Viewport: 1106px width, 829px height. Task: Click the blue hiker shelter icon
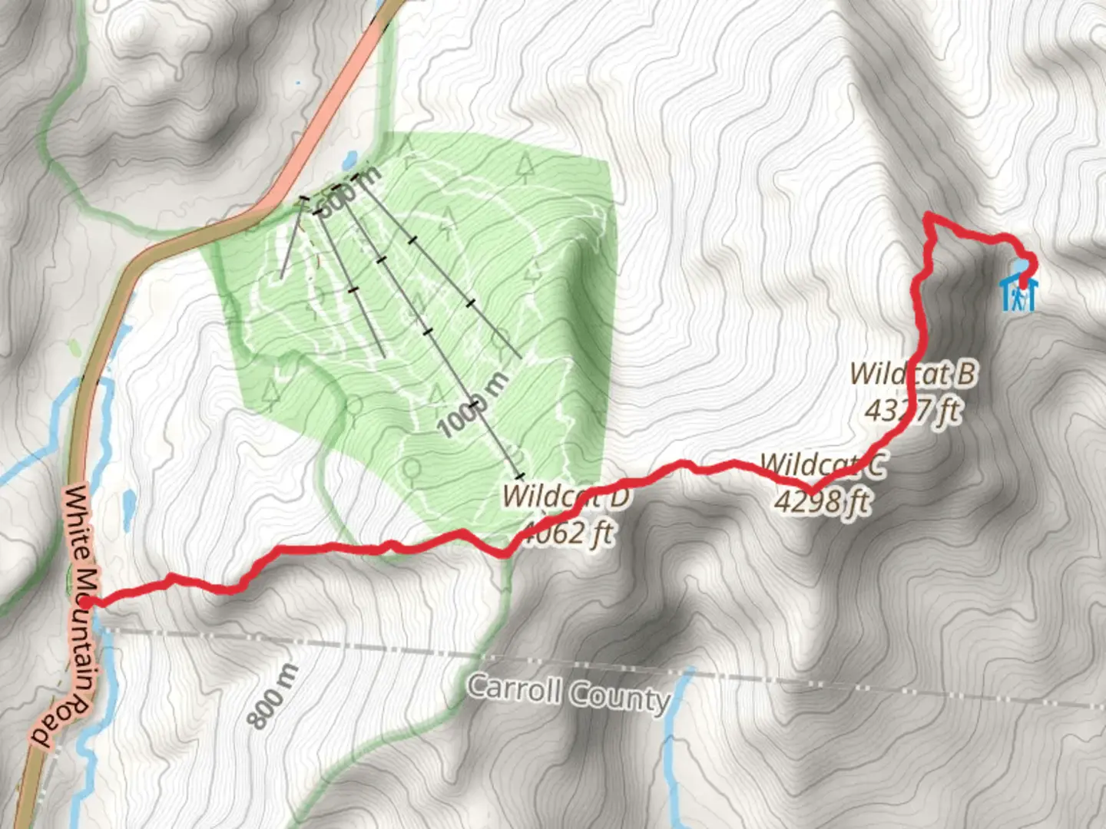(x=1018, y=295)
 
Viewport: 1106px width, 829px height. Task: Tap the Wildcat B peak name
(x=913, y=374)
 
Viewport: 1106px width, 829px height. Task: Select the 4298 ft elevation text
(x=822, y=501)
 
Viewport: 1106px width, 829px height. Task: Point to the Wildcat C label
(x=823, y=465)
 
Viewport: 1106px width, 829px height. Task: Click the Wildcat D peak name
(x=566, y=496)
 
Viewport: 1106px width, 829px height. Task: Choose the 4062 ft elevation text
(x=568, y=532)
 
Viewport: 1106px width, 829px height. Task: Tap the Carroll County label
(x=568, y=693)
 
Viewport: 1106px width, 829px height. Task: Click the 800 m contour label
(x=273, y=696)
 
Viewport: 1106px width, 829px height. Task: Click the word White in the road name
(x=77, y=522)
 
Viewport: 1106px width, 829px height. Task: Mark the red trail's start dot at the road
(x=89, y=603)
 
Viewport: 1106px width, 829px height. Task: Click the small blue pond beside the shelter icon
(x=1019, y=266)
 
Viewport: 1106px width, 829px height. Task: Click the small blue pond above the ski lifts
(x=349, y=160)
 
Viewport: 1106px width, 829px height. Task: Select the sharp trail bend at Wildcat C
(x=810, y=490)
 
